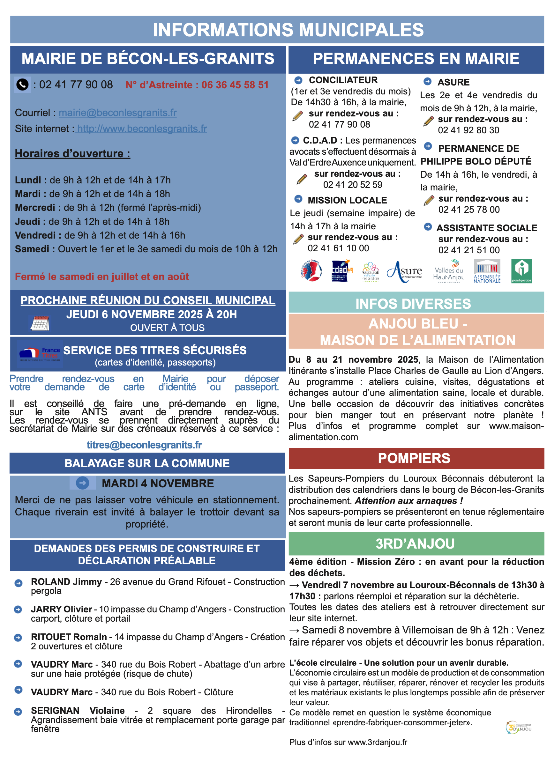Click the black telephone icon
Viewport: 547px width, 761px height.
[x=22, y=85]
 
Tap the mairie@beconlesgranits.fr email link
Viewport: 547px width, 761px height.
[x=117, y=113]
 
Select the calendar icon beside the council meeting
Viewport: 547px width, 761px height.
[x=40, y=323]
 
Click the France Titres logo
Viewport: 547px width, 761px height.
[x=40, y=354]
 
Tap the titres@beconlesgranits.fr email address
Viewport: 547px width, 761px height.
[x=144, y=445]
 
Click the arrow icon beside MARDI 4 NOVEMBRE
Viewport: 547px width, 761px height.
[x=82, y=483]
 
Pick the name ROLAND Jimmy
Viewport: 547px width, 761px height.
[x=66, y=582]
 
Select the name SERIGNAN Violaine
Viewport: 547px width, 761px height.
[x=78, y=711]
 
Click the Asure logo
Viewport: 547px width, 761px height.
[x=404, y=271]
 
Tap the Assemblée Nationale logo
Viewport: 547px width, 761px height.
[x=487, y=271]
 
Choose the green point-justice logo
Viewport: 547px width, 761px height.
[x=521, y=271]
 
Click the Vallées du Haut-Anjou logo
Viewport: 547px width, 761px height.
[x=448, y=271]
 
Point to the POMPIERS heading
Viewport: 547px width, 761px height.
[x=414, y=458]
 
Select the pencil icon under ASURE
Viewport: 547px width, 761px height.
[x=429, y=121]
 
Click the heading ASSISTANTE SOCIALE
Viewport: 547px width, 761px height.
[x=487, y=228]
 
